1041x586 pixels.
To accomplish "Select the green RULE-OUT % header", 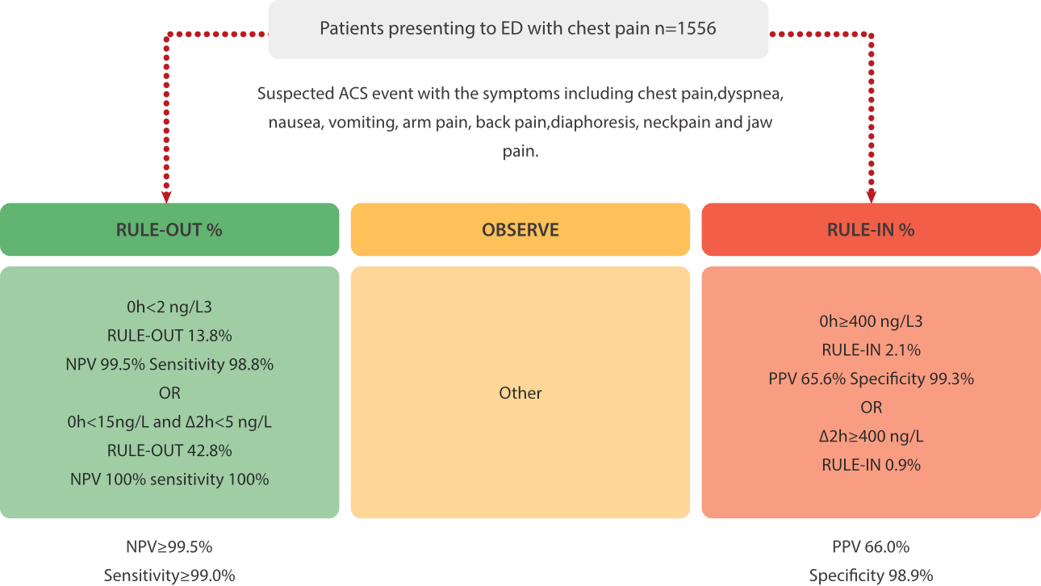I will click(169, 229).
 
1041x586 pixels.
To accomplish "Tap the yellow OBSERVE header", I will click(520, 229).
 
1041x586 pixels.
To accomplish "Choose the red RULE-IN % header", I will click(871, 229).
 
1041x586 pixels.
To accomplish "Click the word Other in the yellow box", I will click(520, 393).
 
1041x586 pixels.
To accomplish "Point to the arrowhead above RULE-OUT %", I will click(166, 196).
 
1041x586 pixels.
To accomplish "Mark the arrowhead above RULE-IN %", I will click(872, 196).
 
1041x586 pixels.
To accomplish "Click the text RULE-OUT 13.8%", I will click(169, 336).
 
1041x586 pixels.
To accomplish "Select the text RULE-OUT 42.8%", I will click(169, 450).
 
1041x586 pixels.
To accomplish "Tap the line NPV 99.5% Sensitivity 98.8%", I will click(169, 364).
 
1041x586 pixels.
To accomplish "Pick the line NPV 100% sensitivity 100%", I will click(169, 479).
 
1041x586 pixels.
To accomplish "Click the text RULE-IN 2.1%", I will click(871, 350).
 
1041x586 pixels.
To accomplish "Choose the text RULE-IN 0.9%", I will click(871, 465).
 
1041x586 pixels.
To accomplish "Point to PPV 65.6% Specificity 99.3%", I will click(871, 379).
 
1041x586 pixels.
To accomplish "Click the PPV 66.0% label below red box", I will click(871, 547).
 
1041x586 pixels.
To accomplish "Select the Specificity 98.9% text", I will click(871, 576).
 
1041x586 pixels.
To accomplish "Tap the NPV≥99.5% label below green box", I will click(169, 547).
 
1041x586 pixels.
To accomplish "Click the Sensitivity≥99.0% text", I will click(169, 576).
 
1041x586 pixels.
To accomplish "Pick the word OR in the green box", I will click(169, 393).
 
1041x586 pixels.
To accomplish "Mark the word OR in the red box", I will click(871, 408).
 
